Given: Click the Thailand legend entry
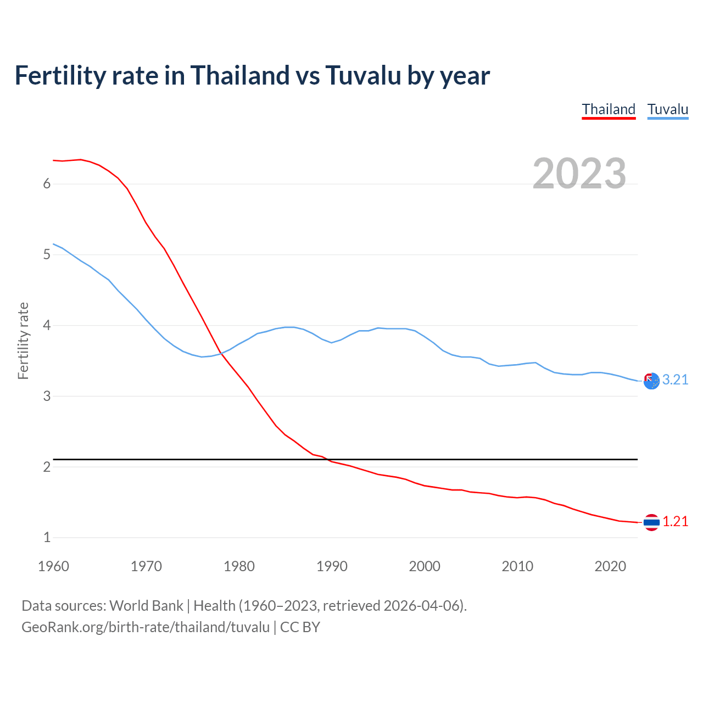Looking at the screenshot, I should coord(609,109).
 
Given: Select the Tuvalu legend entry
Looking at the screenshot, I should coord(667,109).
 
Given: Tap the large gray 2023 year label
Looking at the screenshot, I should coord(579,174).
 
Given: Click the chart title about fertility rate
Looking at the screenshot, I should coord(252,75).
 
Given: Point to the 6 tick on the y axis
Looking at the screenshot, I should coord(47,184).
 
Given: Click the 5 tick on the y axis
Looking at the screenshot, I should coord(47,255).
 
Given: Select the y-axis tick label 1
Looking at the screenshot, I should coord(47,538).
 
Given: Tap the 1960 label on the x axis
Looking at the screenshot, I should coord(53,566).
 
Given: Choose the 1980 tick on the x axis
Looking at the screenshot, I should coord(239,566).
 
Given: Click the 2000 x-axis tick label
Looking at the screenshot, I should coord(425,566).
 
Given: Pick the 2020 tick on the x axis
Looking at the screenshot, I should coord(610,566).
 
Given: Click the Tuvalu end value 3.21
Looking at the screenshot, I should coord(675,380).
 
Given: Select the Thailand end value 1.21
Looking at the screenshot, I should coord(675,522).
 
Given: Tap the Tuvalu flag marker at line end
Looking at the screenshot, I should coord(651,381).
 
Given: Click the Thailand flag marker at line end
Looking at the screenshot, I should coord(651,522).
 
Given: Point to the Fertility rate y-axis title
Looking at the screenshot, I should coord(23,341).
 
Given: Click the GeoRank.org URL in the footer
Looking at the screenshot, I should coord(146,627).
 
